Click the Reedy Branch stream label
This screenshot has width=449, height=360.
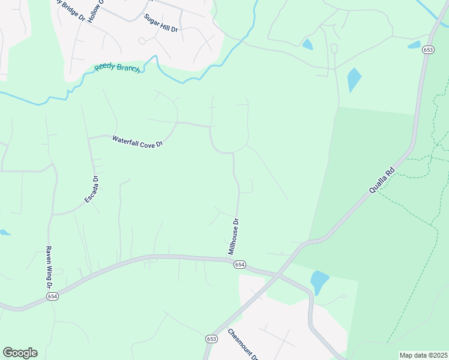[117, 68]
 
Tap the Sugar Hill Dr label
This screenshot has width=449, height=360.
[161, 23]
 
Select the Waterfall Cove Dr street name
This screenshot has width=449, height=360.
[137, 141]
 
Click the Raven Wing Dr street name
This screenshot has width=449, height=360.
[49, 268]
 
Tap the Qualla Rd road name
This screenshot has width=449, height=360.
[382, 180]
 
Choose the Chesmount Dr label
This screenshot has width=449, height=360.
[243, 343]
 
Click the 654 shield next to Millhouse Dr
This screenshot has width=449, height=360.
[240, 265]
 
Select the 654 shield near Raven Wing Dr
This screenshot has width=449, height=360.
[53, 296]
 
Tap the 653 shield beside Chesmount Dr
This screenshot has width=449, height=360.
[211, 339]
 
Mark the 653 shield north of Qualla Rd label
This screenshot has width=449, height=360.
[428, 50]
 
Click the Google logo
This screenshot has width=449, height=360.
[20, 353]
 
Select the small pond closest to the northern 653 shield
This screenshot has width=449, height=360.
[415, 44]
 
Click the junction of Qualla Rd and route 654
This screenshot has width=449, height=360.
[277, 275]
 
